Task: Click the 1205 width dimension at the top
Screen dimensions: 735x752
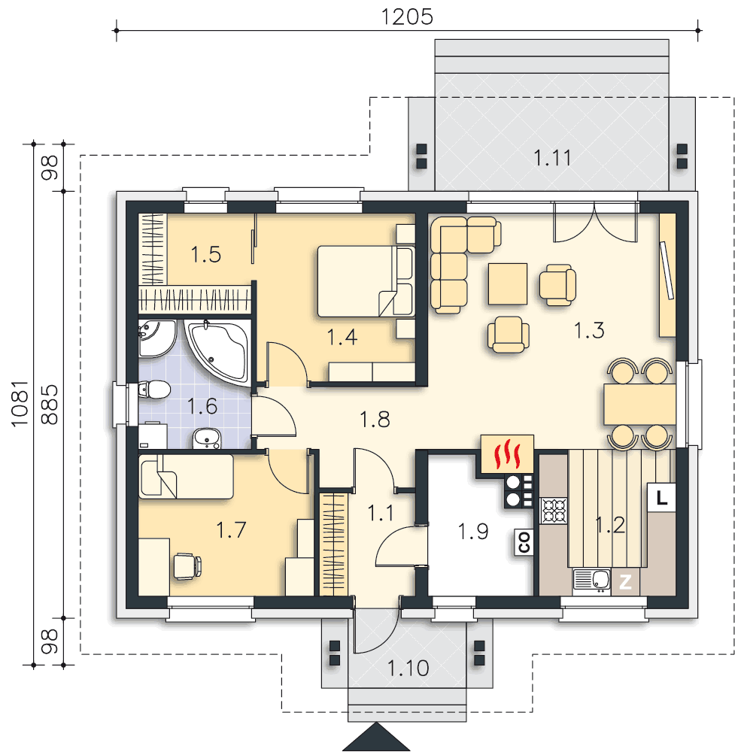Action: point(407,17)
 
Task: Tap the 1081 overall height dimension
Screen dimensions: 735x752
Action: point(20,404)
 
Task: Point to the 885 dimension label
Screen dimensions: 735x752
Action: point(49,405)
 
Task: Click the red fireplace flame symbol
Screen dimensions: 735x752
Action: point(508,456)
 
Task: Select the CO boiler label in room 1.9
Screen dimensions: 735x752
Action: point(524,542)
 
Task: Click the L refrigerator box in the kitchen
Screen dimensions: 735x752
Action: point(661,497)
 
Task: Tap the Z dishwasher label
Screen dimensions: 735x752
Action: point(625,582)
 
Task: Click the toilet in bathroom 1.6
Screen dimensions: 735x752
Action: point(154,390)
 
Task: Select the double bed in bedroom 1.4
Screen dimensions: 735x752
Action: point(366,281)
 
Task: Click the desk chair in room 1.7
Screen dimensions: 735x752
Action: point(187,566)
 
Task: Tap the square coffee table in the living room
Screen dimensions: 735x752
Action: point(508,284)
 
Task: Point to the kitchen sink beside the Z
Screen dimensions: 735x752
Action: point(591,581)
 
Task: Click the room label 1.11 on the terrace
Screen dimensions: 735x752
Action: point(552,158)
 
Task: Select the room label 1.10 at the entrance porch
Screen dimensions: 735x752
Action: point(408,668)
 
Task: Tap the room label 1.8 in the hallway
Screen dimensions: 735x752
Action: point(375,419)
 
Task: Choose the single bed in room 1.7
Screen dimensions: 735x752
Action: point(186,477)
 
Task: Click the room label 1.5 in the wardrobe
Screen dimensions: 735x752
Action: point(206,255)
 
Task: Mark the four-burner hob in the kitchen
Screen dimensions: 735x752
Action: point(554,511)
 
